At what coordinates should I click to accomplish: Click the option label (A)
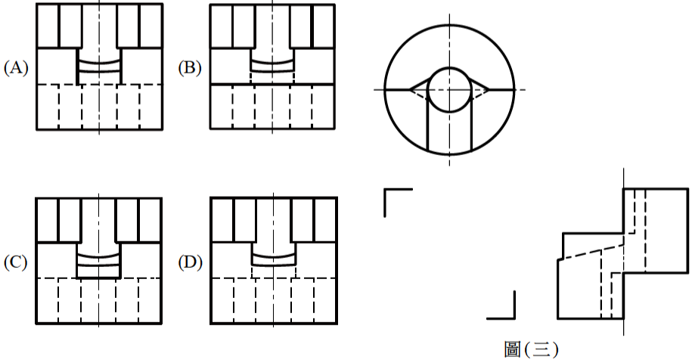[x=16, y=68]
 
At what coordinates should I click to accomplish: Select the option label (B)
[x=190, y=68]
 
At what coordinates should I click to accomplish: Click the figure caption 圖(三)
[x=531, y=349]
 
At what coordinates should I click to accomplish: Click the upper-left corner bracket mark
[x=398, y=203]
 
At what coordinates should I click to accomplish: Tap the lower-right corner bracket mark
[x=501, y=305]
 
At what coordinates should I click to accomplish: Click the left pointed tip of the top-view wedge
[x=410, y=90]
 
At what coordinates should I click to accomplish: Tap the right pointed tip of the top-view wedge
[x=489, y=90]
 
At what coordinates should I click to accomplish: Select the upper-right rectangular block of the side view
[x=656, y=231]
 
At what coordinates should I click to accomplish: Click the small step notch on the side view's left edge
[x=560, y=259]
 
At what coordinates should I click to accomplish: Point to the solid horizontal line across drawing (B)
[x=272, y=84]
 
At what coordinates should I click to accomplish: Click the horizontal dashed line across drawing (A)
[x=99, y=84]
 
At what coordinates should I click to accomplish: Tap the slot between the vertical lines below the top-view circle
[x=449, y=132]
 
